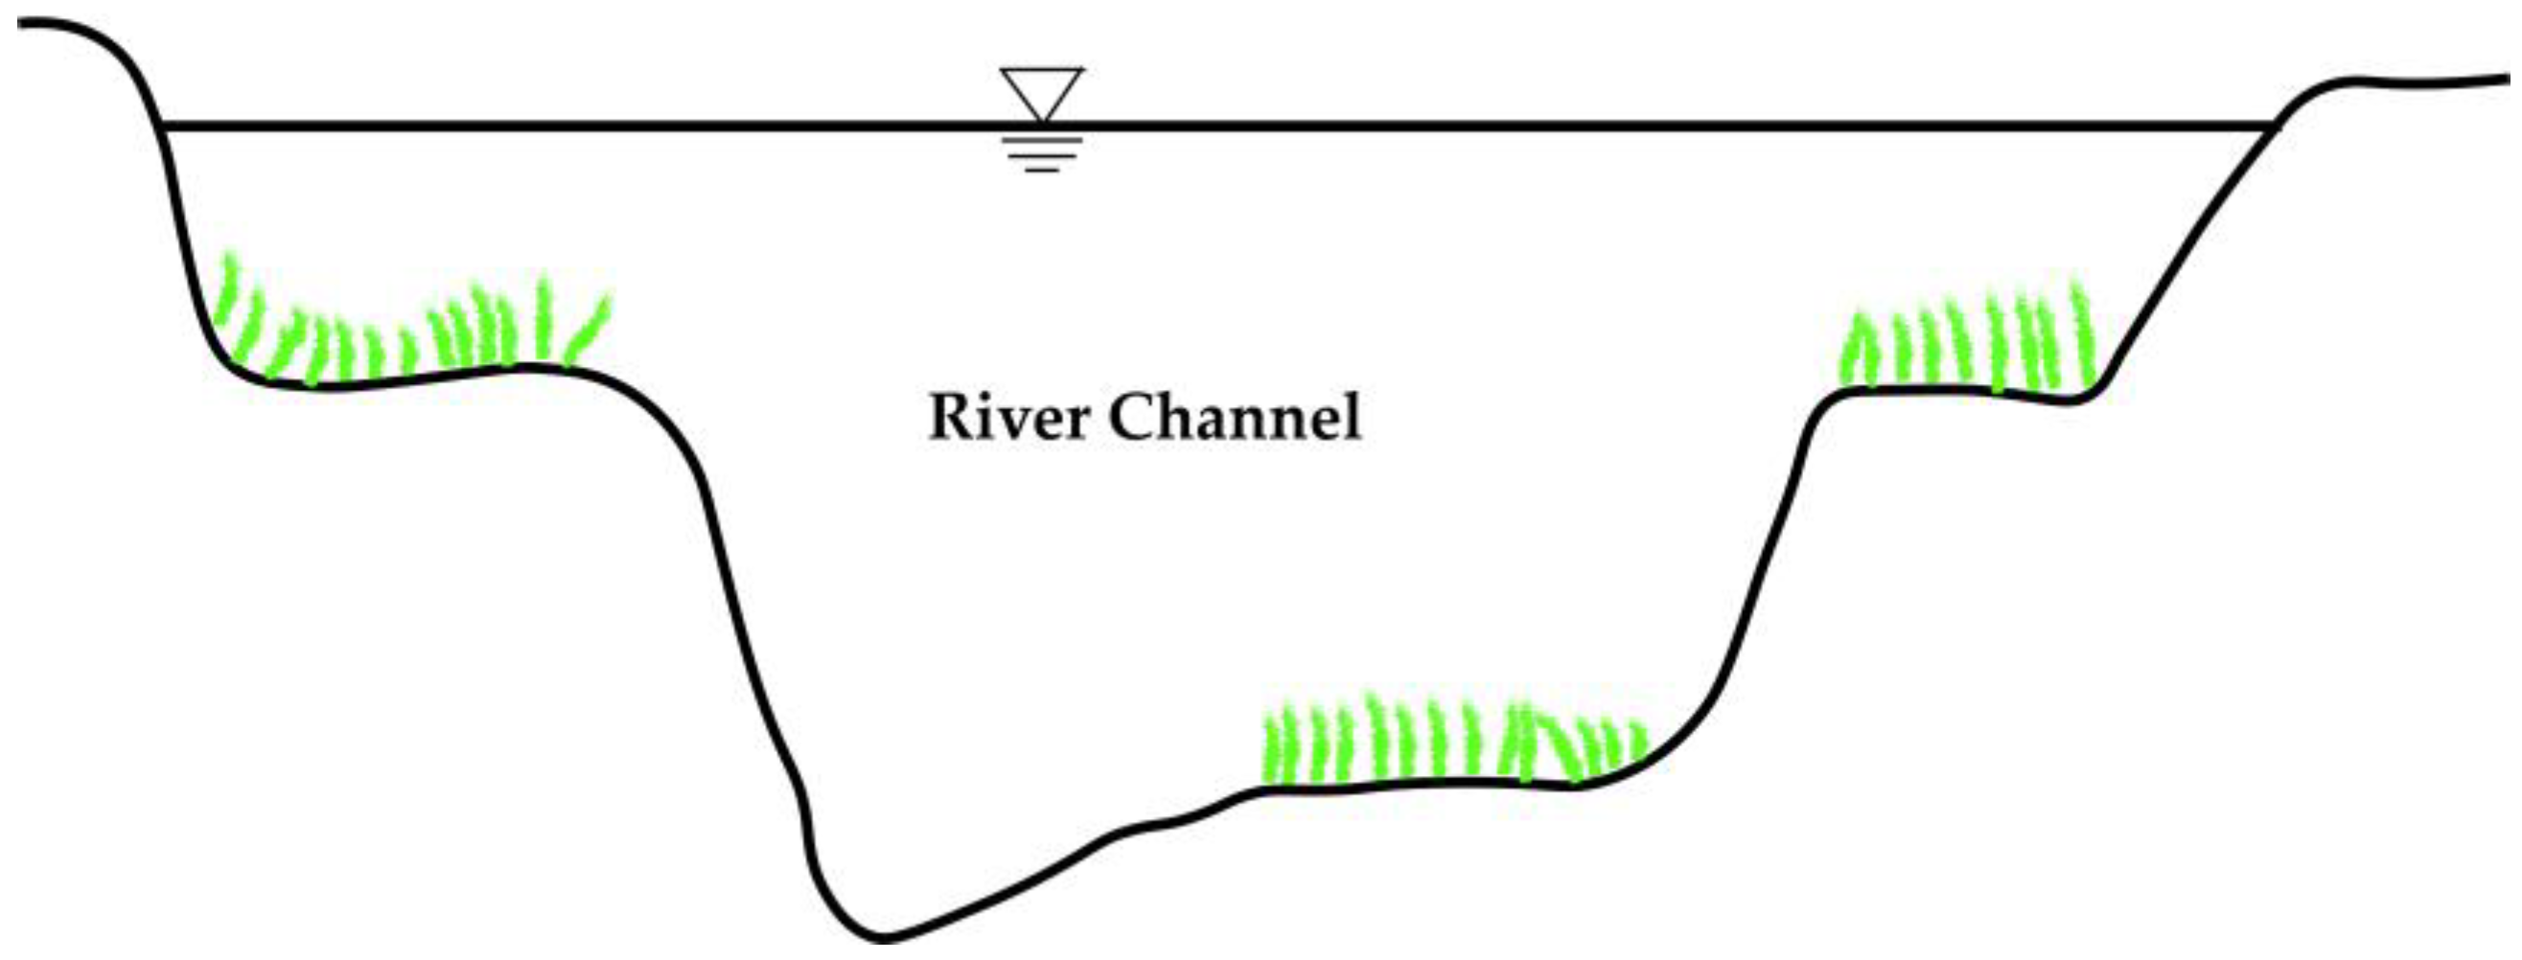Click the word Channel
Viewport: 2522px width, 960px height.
1235,418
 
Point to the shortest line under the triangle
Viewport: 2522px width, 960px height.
1043,171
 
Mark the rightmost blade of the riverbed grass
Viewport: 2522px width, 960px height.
1638,743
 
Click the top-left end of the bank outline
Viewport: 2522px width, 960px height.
21,22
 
